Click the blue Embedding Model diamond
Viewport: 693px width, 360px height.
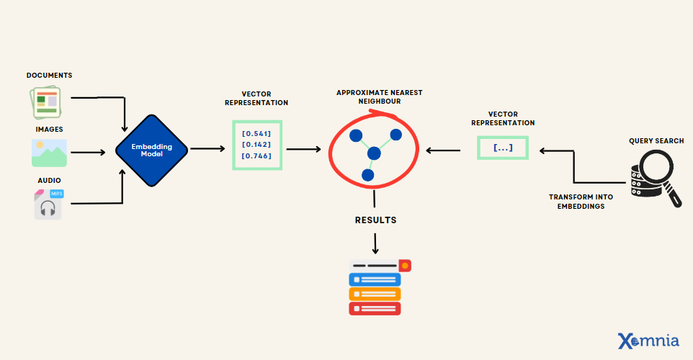point(152,150)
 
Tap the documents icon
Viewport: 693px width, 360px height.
point(46,102)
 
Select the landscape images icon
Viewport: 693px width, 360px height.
point(49,153)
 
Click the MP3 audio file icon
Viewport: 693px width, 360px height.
point(49,204)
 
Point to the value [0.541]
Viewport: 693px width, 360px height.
point(256,133)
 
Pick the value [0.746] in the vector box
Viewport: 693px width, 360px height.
point(256,156)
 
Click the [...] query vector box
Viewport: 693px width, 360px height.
point(503,148)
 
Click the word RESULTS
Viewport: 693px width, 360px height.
point(375,220)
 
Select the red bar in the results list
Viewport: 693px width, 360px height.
point(375,309)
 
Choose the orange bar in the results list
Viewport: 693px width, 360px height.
point(375,294)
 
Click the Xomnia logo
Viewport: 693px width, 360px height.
point(648,341)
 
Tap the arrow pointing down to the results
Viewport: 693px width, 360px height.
point(375,243)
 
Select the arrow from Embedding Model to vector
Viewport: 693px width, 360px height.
point(207,149)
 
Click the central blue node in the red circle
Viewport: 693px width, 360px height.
point(373,153)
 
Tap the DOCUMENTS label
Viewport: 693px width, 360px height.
point(50,76)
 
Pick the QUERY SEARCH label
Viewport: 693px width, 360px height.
point(656,140)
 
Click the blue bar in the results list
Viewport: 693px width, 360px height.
point(375,279)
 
